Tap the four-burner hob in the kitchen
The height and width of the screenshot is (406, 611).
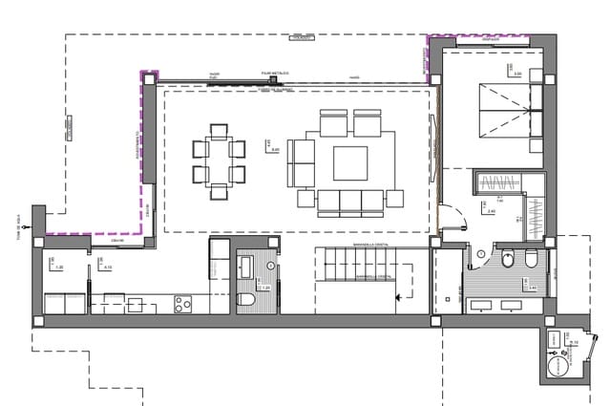click(x=181, y=304)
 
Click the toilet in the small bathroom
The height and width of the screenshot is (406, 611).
click(x=246, y=303)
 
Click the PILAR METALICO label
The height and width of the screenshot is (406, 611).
click(x=274, y=72)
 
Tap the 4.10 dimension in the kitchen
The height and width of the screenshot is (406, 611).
click(x=108, y=267)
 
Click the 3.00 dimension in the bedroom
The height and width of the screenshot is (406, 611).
click(x=517, y=73)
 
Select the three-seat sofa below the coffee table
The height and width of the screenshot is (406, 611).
click(x=350, y=201)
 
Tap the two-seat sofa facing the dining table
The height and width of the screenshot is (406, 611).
click(x=301, y=161)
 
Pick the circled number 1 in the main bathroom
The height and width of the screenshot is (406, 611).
click(x=483, y=253)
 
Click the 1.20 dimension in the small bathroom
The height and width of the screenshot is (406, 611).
click(x=265, y=288)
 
